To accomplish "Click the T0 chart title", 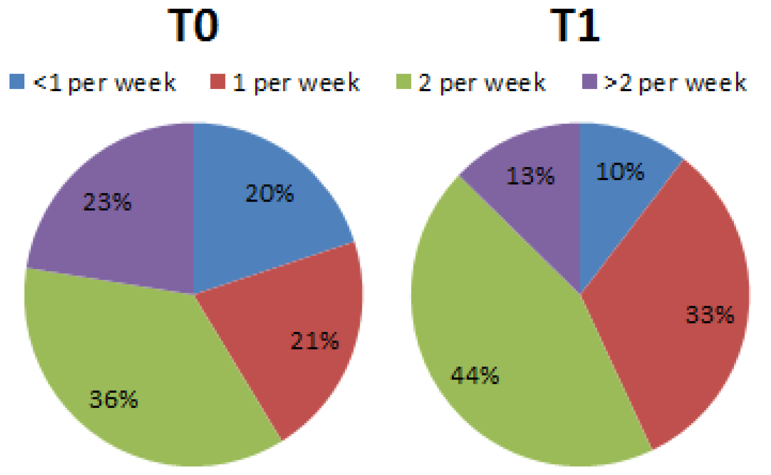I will point(193,26).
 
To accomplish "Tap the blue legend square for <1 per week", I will point(17,82).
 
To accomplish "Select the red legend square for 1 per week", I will point(218,82).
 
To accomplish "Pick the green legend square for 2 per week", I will point(403,82).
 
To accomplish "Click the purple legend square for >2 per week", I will point(589,82).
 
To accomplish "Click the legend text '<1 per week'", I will point(105,83).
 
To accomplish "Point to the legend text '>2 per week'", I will point(675,83).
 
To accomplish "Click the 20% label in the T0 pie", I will point(270,193).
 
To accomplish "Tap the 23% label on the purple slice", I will point(107,202).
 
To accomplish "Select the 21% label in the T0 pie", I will point(314,341).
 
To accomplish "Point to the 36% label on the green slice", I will point(113,399).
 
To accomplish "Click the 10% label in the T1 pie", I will point(620,172).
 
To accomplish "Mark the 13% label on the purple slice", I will point(530,176).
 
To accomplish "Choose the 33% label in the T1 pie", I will point(710,314).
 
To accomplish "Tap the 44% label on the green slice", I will point(474,375).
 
